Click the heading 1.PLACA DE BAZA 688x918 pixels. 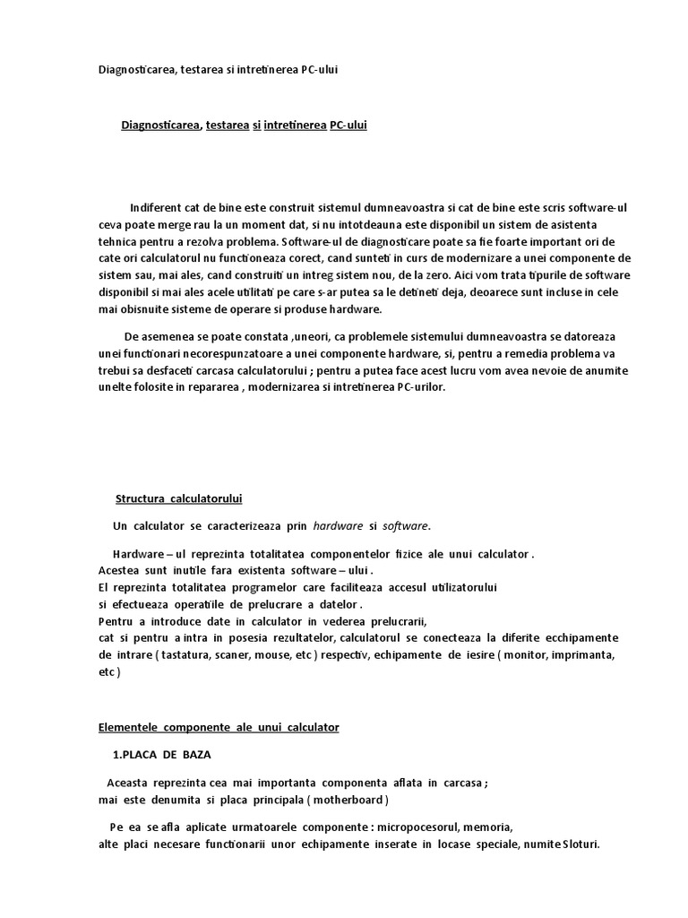(x=162, y=755)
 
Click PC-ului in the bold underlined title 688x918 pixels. (x=348, y=126)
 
